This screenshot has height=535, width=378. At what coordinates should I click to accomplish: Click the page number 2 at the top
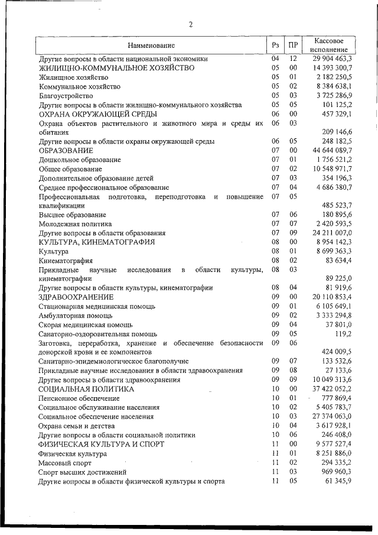(x=190, y=24)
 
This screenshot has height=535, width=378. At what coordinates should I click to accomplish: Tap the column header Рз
(x=275, y=46)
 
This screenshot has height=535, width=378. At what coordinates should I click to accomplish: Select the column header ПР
(x=292, y=46)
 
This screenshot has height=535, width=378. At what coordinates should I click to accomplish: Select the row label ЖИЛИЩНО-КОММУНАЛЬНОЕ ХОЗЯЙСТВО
(x=116, y=68)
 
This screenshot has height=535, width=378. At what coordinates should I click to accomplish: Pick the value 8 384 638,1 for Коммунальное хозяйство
(x=334, y=86)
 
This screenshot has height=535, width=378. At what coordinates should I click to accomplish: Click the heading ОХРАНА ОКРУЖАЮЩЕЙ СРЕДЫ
(x=97, y=114)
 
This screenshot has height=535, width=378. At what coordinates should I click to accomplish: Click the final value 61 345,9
(x=338, y=481)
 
